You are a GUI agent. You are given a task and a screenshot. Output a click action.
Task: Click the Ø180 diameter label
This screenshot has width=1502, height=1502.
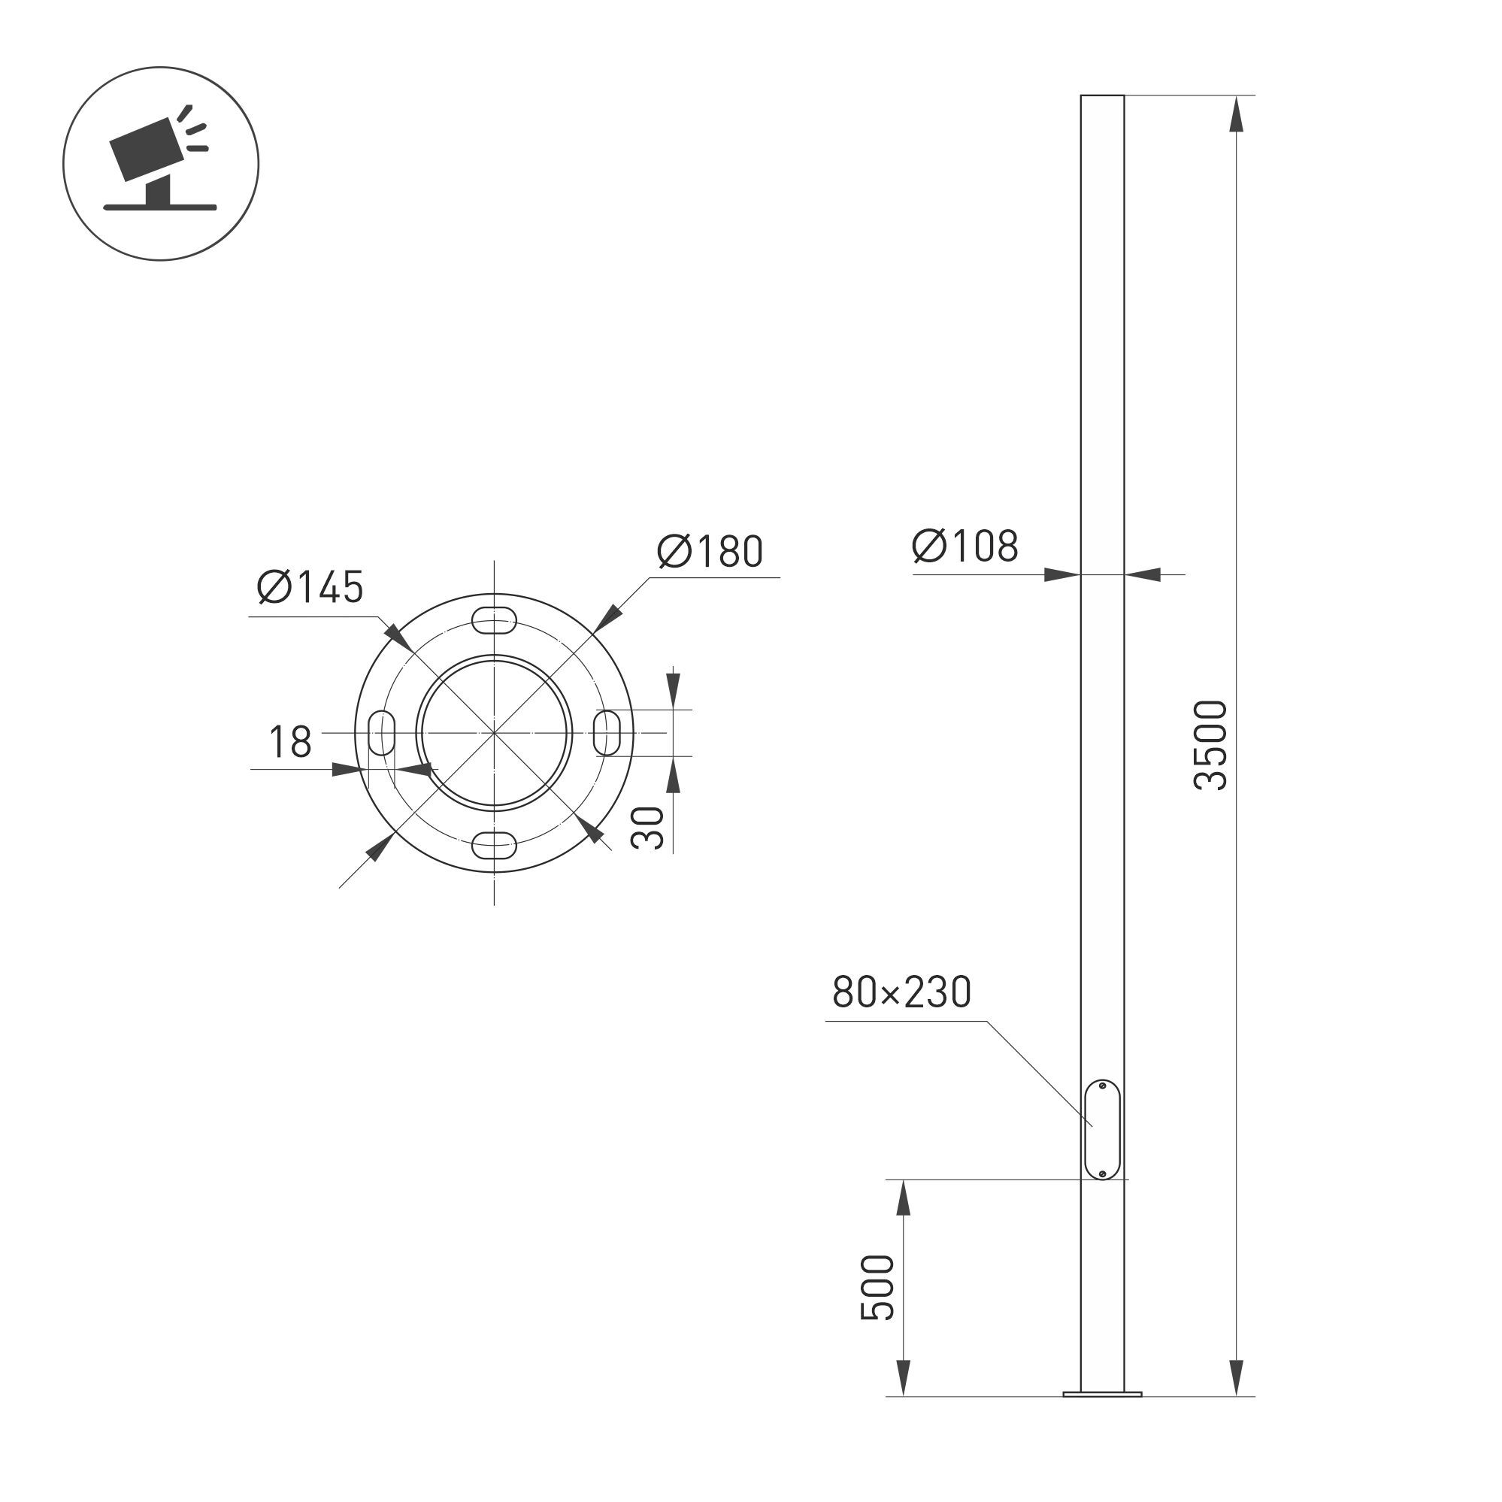(710, 551)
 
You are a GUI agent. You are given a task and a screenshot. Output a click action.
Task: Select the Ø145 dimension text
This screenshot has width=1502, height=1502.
(310, 587)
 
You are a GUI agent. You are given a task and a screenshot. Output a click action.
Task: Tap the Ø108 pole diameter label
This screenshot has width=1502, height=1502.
(964, 546)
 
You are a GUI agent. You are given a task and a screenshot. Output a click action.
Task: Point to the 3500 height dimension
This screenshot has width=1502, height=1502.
(1211, 745)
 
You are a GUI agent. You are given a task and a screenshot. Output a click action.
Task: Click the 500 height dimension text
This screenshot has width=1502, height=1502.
(878, 1288)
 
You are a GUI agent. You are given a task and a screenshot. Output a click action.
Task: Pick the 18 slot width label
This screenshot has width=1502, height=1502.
(290, 742)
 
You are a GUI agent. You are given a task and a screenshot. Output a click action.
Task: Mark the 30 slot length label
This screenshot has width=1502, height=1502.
(647, 827)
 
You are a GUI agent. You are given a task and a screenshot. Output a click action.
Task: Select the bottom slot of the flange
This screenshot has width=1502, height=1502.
(495, 844)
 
